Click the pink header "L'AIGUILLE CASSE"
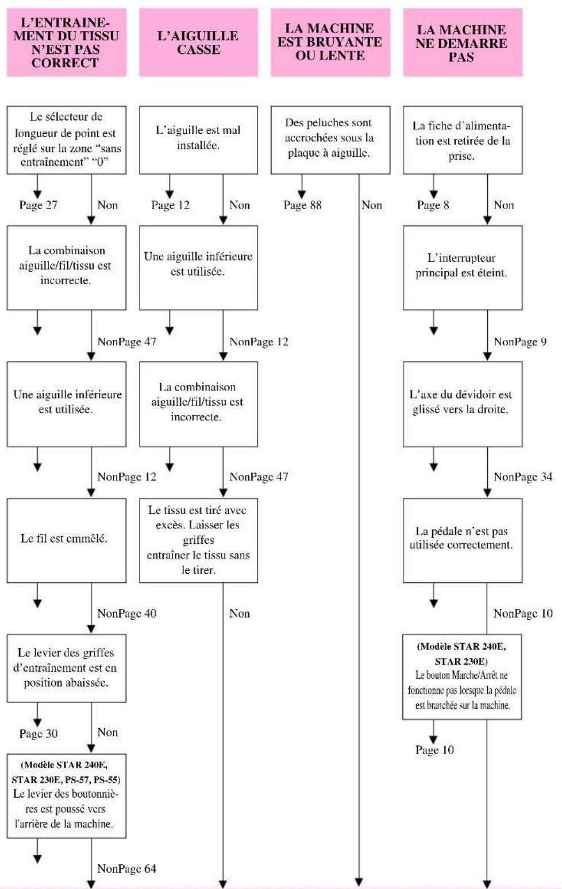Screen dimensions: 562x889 (x=198, y=42)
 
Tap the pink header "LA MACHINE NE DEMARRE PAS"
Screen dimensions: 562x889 (x=463, y=42)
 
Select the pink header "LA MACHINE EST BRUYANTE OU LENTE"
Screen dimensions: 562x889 (x=330, y=42)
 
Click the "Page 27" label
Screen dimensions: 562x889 (x=38, y=205)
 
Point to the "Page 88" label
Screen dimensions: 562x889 (x=302, y=205)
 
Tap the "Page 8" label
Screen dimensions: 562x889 (x=433, y=205)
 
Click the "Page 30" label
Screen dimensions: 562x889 (x=38, y=734)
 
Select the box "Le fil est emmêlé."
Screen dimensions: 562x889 (x=66, y=540)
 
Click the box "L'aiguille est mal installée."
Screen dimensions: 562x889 (x=198, y=140)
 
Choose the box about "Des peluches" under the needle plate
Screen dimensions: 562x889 (x=330, y=140)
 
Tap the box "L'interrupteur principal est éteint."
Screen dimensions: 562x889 (x=463, y=268)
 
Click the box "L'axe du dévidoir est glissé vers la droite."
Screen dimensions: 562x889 (x=463, y=404)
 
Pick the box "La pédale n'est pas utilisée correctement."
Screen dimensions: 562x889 (x=463, y=540)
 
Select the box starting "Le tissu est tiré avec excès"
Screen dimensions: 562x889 (x=198, y=540)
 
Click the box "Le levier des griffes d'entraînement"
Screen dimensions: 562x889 (x=66, y=668)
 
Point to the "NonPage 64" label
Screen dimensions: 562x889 (x=126, y=869)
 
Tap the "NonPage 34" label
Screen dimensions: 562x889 (x=523, y=477)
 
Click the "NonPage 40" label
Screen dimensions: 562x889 (x=126, y=613)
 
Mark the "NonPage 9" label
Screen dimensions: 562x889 (x=520, y=342)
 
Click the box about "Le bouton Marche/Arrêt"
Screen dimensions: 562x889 (x=462, y=677)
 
